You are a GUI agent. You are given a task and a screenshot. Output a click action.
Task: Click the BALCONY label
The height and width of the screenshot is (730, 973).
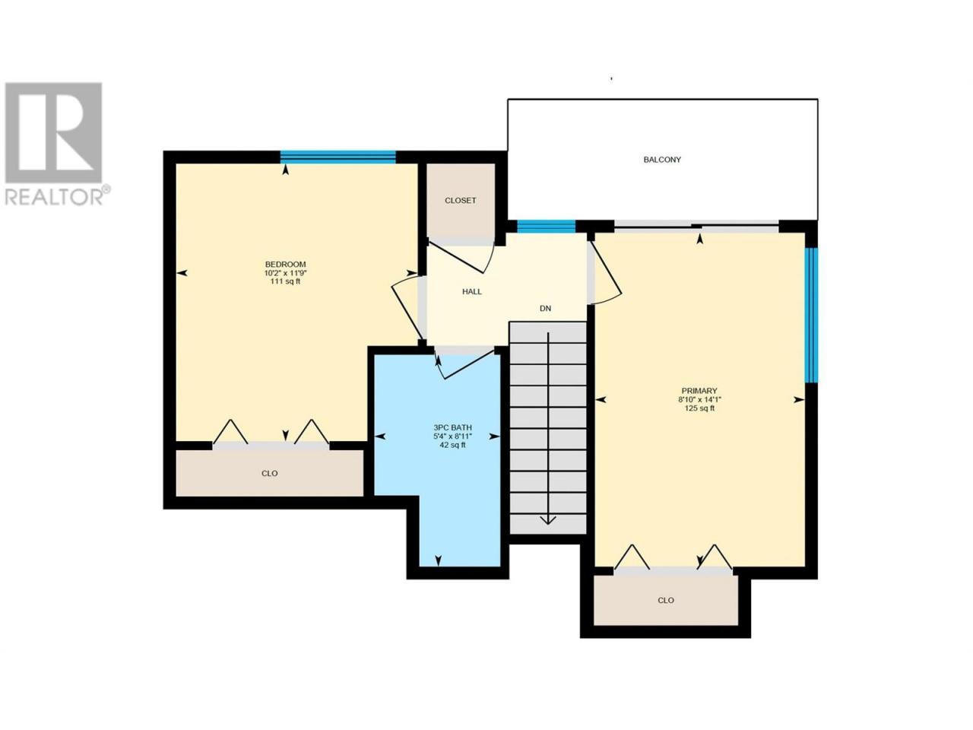pyautogui.click(x=662, y=160)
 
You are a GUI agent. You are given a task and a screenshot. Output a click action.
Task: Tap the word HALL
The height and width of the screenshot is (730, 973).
pyautogui.click(x=471, y=292)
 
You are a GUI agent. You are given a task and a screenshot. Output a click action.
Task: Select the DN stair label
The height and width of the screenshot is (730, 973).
pyautogui.click(x=545, y=309)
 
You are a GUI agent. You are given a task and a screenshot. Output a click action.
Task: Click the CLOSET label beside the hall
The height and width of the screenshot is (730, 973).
pyautogui.click(x=460, y=200)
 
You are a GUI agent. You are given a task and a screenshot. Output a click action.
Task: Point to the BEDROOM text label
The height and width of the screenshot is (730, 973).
pyautogui.click(x=286, y=264)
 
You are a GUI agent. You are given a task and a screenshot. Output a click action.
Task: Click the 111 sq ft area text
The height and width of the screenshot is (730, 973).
pyautogui.click(x=286, y=281)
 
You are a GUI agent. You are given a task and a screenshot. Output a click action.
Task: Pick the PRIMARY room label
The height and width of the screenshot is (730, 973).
pyautogui.click(x=699, y=391)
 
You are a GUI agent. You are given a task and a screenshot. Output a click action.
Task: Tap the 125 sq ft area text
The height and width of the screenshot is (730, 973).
pyautogui.click(x=699, y=408)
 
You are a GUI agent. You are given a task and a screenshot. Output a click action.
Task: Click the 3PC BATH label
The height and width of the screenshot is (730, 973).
pyautogui.click(x=452, y=427)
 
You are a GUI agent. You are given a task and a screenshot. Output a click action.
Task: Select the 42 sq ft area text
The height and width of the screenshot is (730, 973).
pyautogui.click(x=452, y=445)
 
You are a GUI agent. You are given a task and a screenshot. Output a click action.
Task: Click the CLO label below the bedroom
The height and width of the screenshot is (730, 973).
pyautogui.click(x=270, y=474)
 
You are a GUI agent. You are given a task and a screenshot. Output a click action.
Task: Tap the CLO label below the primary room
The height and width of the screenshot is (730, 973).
pyautogui.click(x=666, y=600)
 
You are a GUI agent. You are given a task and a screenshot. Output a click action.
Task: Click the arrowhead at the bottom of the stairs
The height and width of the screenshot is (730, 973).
pyautogui.click(x=548, y=519)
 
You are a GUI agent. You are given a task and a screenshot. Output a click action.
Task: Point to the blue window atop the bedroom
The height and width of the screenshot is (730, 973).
pyautogui.click(x=338, y=157)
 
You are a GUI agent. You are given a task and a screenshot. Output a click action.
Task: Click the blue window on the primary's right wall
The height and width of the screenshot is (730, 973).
pyautogui.click(x=811, y=315)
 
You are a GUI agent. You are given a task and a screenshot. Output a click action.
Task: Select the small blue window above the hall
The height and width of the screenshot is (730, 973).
pyautogui.click(x=546, y=227)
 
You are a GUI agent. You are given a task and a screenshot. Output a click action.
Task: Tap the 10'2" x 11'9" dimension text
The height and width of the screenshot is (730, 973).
pyautogui.click(x=286, y=273)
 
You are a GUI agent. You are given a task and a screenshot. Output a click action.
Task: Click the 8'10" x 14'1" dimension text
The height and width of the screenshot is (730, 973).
pyautogui.click(x=699, y=399)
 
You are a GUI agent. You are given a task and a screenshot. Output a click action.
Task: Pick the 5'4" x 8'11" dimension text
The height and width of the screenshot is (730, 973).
pyautogui.click(x=452, y=436)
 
